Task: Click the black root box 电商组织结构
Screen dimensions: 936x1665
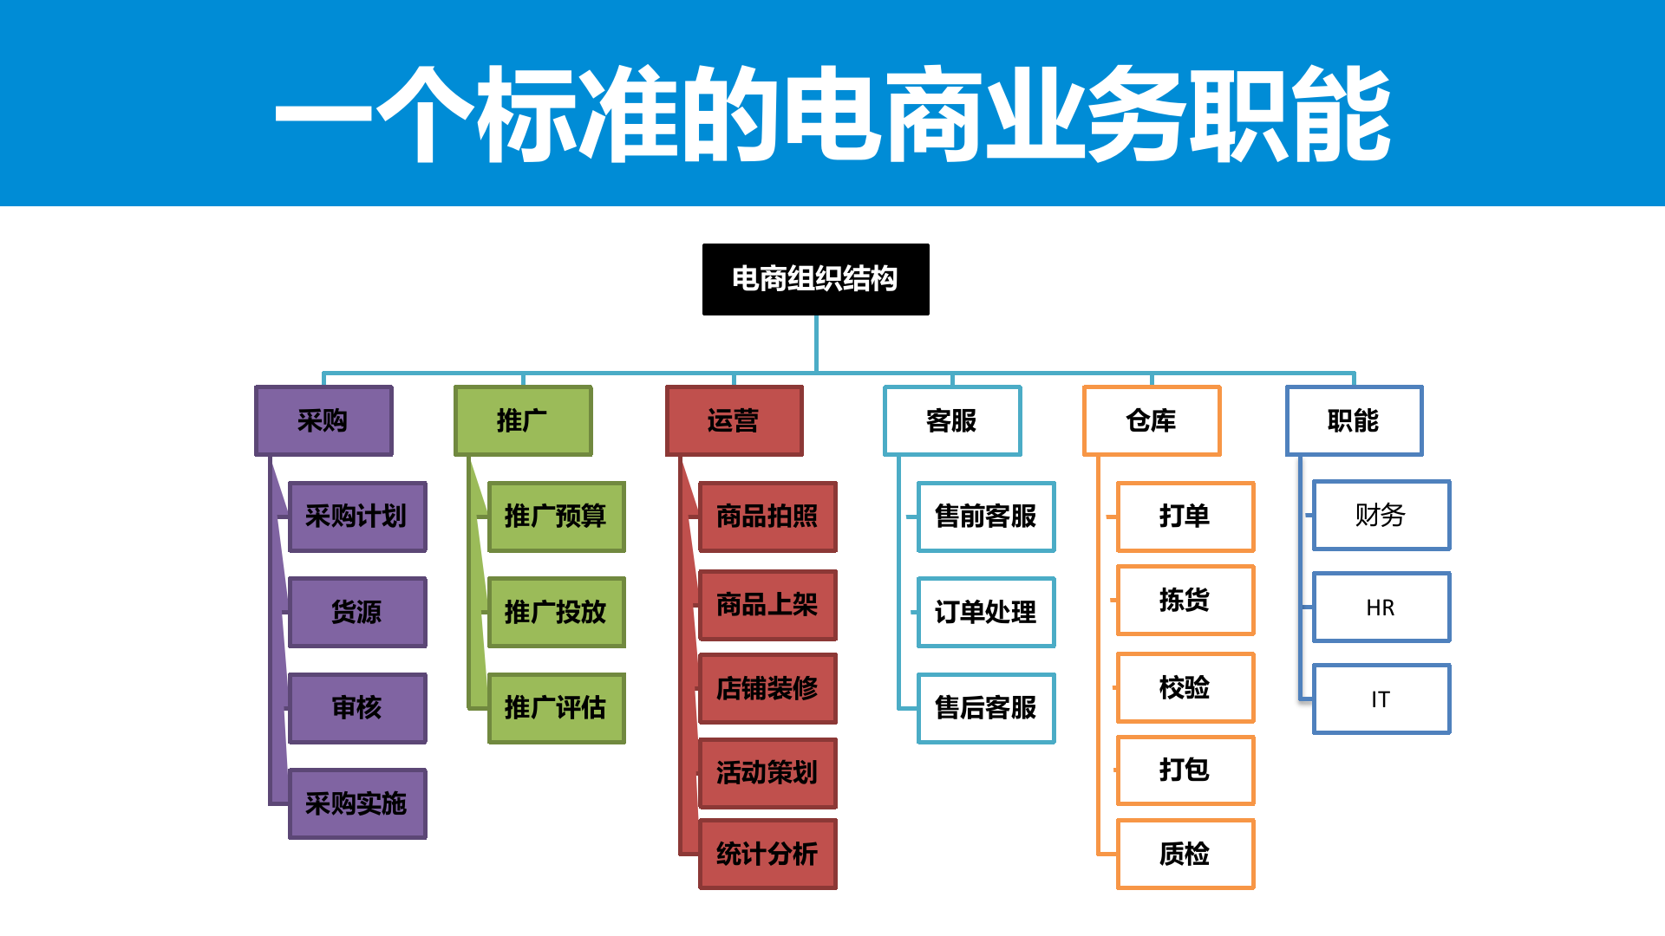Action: [815, 279]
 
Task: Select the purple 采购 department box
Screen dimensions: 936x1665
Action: [323, 421]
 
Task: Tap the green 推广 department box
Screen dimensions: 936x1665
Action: [523, 421]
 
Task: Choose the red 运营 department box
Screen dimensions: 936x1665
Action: [734, 421]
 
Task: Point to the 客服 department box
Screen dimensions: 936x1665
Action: [952, 421]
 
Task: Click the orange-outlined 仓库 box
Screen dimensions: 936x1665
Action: [1152, 421]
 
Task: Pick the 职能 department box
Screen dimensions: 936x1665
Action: [1354, 421]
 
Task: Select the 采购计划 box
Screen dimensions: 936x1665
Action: [357, 517]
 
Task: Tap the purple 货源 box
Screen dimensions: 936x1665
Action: [357, 613]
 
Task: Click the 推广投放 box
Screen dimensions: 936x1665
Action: [556, 613]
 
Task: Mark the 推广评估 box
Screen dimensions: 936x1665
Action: [556, 708]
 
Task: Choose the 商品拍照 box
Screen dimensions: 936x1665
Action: [767, 517]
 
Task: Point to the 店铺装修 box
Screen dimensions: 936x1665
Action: [767, 688]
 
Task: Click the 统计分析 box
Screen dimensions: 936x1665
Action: [767, 855]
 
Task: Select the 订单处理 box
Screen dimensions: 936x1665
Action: [986, 613]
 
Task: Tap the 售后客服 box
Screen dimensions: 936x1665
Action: [986, 708]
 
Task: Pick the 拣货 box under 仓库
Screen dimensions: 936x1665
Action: [1185, 600]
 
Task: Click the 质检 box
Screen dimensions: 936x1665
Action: [1185, 855]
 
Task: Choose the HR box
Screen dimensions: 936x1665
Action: [1381, 608]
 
